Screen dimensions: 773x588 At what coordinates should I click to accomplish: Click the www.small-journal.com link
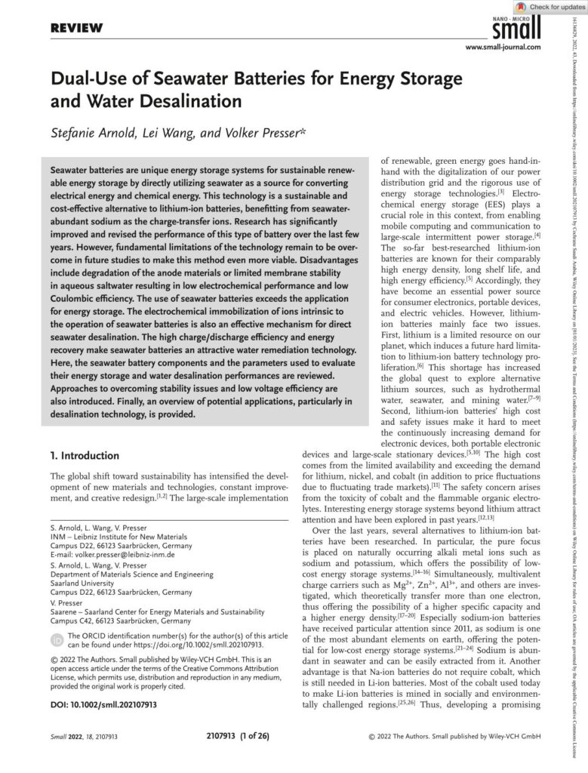tap(503, 48)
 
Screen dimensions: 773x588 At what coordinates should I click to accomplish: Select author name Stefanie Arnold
tap(92, 134)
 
